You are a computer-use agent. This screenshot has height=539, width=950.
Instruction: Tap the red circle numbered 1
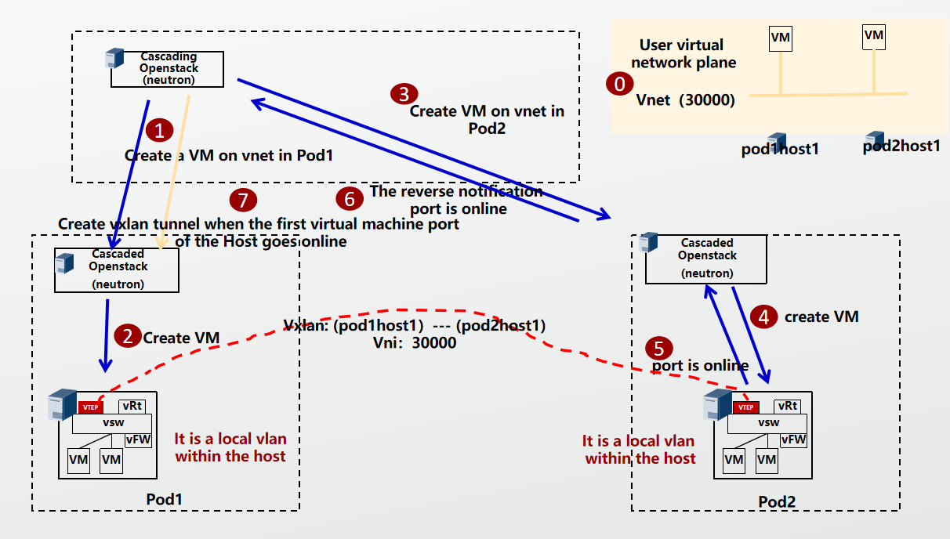click(160, 130)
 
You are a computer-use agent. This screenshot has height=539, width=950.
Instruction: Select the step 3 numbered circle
click(404, 94)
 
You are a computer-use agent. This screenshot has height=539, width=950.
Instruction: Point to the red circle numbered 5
click(658, 348)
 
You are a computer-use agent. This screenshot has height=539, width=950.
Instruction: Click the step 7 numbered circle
click(243, 200)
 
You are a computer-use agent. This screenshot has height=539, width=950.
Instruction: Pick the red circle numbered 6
click(350, 199)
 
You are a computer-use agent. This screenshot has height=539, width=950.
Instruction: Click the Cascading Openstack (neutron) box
click(167, 69)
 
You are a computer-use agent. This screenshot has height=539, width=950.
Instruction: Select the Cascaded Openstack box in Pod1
click(117, 270)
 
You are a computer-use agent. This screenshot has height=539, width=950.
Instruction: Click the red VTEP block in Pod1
click(90, 407)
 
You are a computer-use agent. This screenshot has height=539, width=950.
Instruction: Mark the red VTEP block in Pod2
click(745, 407)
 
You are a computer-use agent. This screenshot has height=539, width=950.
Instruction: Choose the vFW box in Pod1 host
click(137, 440)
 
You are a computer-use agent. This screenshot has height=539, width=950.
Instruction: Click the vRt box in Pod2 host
click(787, 406)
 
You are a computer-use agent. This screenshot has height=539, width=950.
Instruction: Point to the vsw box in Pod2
click(768, 422)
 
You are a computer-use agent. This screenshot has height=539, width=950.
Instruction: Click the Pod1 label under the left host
click(165, 499)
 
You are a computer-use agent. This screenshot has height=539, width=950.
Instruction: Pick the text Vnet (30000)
click(685, 99)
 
